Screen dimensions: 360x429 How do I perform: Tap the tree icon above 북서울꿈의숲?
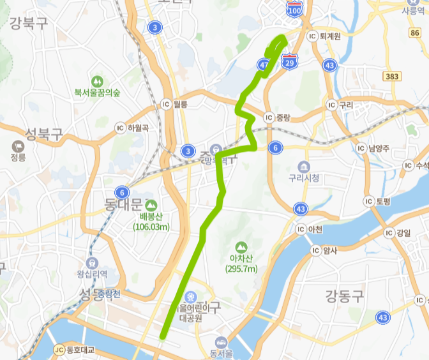click(x=97, y=82)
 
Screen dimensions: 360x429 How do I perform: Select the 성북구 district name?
click(x=43, y=134)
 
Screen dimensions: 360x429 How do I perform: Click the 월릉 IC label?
click(x=174, y=104)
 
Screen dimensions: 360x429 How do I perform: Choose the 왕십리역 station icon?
click(x=93, y=262)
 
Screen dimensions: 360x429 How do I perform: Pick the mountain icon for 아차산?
click(x=241, y=246)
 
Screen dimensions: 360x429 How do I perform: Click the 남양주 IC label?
click(x=375, y=148)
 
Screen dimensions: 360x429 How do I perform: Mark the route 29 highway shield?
click(x=290, y=64)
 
